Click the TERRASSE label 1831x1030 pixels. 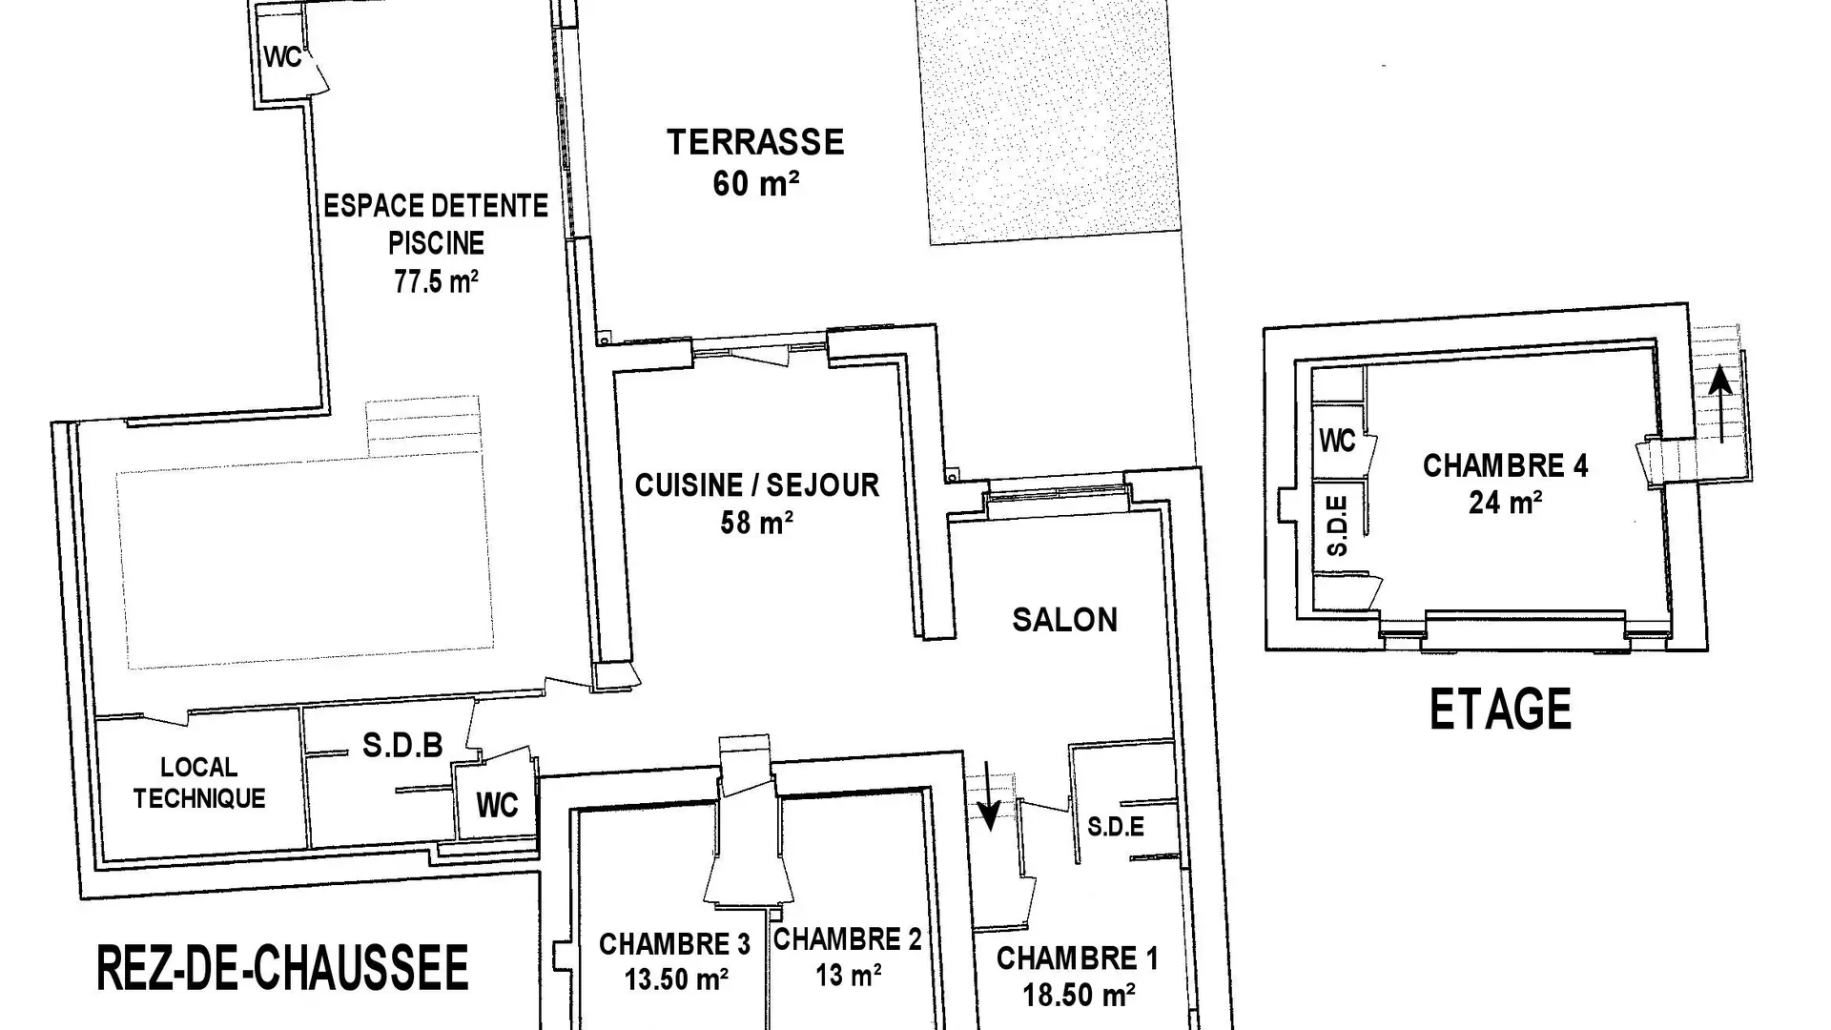pos(755,142)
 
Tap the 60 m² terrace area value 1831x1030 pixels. pos(755,183)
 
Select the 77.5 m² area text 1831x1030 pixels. pos(436,281)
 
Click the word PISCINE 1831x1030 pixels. pos(436,243)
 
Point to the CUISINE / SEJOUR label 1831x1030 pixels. pos(757,485)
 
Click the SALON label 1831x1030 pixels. pos(1064,620)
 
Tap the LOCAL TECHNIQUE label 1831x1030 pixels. pos(199,783)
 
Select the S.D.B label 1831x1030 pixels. pos(402,745)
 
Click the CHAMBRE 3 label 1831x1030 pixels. pos(674,944)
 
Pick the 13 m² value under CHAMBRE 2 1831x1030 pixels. pos(848,976)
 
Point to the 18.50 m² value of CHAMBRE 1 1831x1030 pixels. pos(1079,996)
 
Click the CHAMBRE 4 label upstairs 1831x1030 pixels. pos(1505,465)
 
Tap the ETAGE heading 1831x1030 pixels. pos(1500,710)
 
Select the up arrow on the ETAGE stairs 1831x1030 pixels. pos(1720,405)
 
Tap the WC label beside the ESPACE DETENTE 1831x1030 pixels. pos(282,57)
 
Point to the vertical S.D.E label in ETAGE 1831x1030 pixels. pos(1338,525)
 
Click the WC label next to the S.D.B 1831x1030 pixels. pos(497,805)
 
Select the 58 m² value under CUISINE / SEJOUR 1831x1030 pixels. pos(757,523)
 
